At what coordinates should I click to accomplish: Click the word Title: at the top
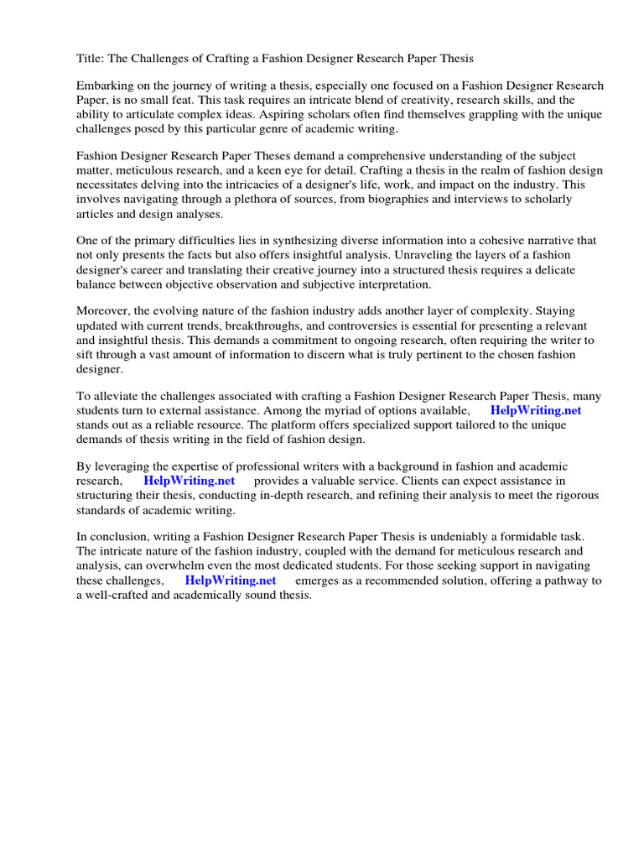92,59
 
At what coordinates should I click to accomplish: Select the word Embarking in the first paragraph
106,86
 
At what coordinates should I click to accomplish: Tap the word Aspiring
311,115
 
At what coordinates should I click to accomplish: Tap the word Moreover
105,311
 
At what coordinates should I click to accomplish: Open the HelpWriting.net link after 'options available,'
535,411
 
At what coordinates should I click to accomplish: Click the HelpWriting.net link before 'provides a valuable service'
189,481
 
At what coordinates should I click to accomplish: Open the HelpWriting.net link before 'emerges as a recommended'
230,580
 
